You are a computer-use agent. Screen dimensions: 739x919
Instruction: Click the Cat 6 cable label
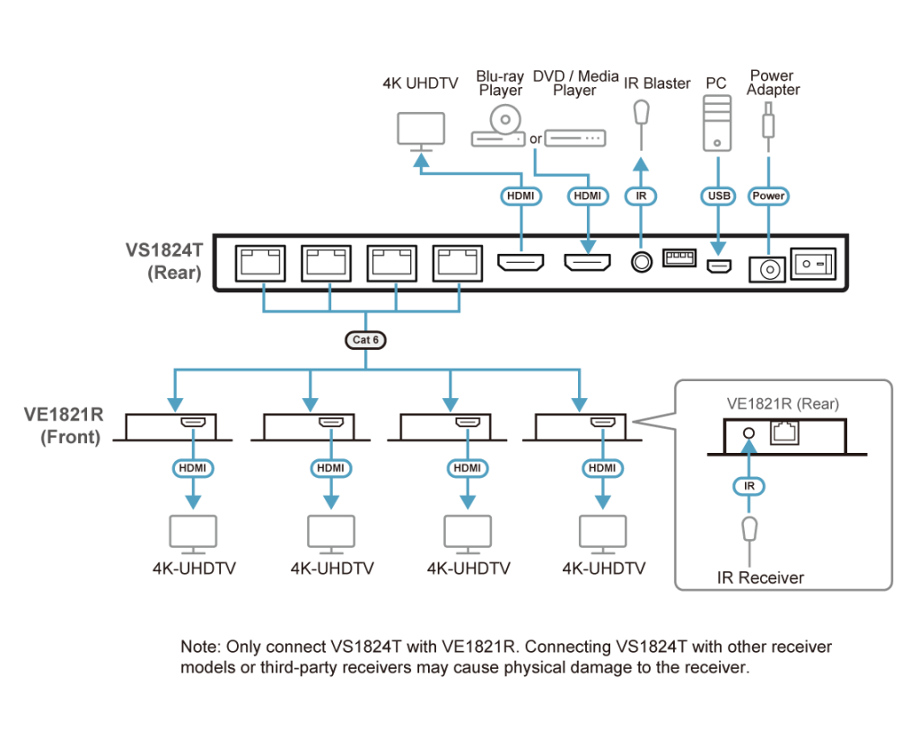[364, 340]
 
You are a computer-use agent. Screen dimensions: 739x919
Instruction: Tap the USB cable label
[717, 196]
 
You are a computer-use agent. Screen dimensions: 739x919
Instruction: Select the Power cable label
[768, 196]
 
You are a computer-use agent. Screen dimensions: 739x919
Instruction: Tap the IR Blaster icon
[640, 113]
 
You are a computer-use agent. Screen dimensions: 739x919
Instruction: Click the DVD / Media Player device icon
[575, 138]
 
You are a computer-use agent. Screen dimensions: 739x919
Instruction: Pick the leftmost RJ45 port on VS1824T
[259, 263]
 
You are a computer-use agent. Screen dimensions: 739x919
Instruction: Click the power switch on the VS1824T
[818, 264]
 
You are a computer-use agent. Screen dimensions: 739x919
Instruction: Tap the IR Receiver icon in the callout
[748, 530]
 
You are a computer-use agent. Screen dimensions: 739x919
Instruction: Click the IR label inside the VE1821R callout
[748, 485]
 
